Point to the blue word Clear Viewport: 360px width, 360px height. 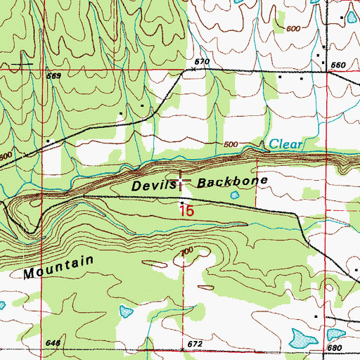pyautogui.click(x=286, y=145)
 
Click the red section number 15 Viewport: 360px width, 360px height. pyautogui.click(x=186, y=210)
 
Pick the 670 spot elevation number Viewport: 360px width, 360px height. pyautogui.click(x=203, y=62)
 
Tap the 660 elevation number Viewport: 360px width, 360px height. pyautogui.click(x=338, y=65)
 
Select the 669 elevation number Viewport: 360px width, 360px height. pyautogui.click(x=54, y=75)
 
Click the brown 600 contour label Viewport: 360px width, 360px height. pyautogui.click(x=296, y=28)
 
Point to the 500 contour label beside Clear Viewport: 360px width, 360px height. pyautogui.click(x=230, y=145)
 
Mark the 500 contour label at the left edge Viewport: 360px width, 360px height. pyautogui.click(x=6, y=156)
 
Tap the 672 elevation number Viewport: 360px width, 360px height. pyautogui.click(x=195, y=344)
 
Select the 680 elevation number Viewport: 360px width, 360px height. pyautogui.click(x=333, y=348)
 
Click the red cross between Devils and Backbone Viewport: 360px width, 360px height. pyautogui.click(x=182, y=182)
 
